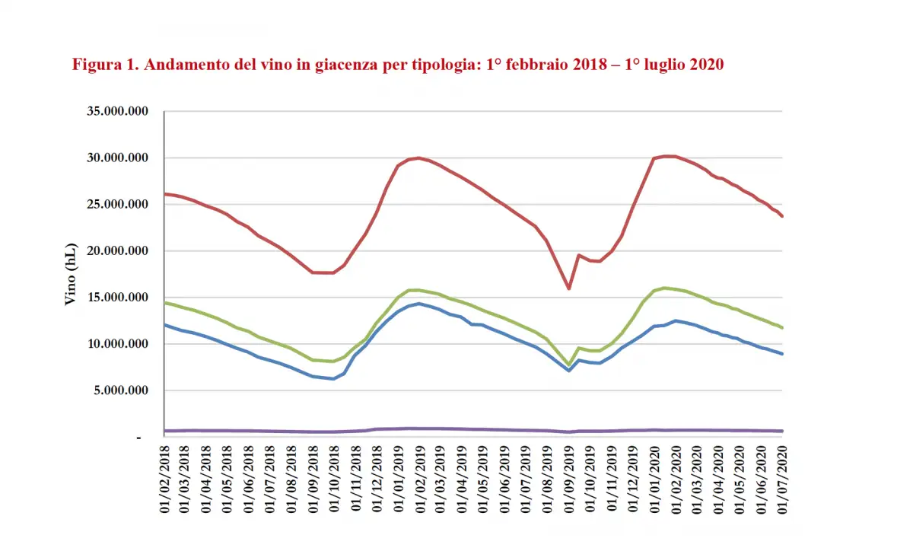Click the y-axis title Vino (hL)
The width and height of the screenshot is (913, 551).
70,275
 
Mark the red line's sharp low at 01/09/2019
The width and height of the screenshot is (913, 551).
568,288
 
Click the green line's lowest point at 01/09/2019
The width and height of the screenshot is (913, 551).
568,365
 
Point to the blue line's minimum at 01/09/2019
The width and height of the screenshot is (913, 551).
568,371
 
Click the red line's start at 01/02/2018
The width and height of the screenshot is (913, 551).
166,194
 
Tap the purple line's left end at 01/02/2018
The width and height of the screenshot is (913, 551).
166,431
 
